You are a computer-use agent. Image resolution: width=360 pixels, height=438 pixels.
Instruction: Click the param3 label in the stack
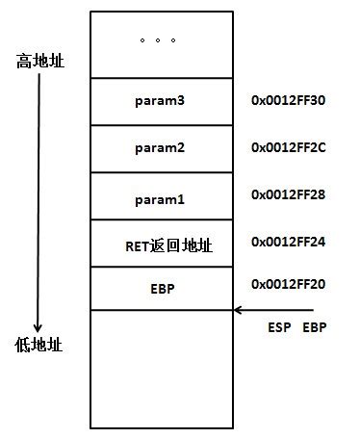click(x=161, y=100)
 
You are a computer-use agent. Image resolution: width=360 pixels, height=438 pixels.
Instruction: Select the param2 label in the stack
click(x=161, y=148)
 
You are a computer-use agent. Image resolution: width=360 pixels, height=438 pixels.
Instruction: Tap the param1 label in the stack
click(x=161, y=199)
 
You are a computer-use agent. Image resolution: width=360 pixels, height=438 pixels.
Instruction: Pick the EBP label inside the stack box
click(x=161, y=288)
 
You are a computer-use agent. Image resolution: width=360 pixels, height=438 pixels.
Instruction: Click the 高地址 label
click(x=39, y=62)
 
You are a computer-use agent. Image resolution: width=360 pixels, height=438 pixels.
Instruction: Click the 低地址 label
click(x=39, y=344)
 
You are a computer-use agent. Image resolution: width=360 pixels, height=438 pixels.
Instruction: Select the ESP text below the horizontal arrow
click(x=279, y=328)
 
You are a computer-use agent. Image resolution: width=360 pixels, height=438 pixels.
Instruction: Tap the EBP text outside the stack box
click(x=316, y=328)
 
